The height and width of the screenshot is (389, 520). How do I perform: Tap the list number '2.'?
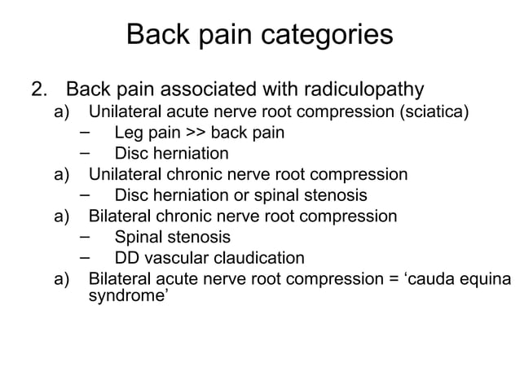40,88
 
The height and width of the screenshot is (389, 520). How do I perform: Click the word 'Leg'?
129,132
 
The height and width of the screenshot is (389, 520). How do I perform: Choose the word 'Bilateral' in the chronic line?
121,216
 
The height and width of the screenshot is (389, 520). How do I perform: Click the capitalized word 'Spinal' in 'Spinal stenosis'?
140,238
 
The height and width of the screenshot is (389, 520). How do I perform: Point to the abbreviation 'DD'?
127,259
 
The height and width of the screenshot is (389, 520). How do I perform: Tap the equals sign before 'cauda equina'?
394,280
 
